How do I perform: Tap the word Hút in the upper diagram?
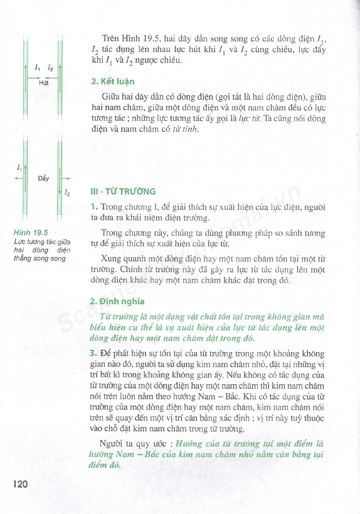(x=43, y=82)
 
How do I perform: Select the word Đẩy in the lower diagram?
(x=43, y=179)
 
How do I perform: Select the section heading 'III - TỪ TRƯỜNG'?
(x=123, y=191)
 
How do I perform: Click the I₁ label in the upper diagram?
(x=38, y=66)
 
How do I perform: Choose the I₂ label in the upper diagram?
(x=50, y=66)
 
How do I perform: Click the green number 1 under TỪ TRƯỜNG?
(x=93, y=207)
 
